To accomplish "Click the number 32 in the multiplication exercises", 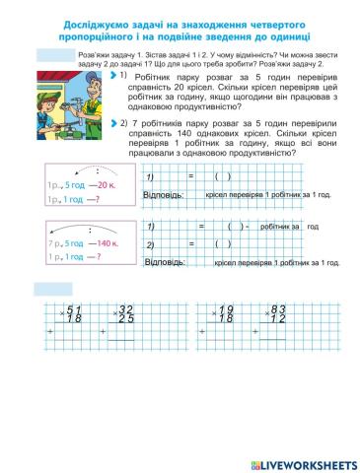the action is [125, 308].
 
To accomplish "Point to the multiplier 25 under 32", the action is [125, 319].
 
